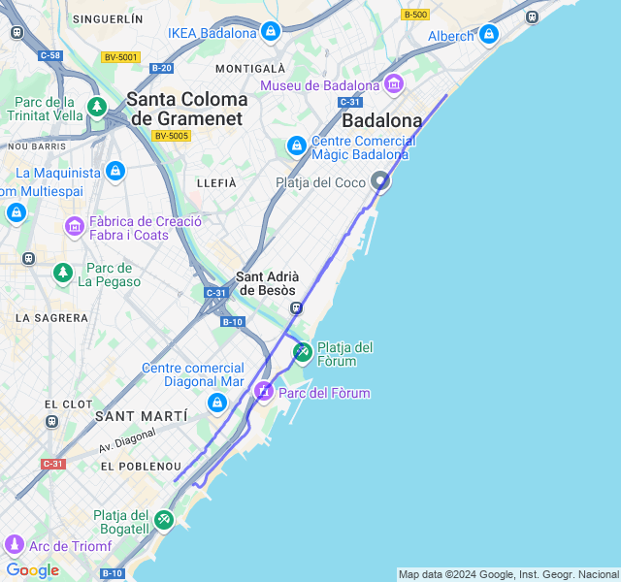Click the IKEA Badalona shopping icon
pyautogui.click(x=271, y=33)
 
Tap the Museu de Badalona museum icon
pyautogui.click(x=393, y=85)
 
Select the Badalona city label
pyautogui.click(x=382, y=121)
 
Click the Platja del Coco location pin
pyautogui.click(x=381, y=181)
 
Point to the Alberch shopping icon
pyautogui.click(x=488, y=36)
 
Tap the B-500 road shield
pyautogui.click(x=415, y=15)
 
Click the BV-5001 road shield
pyautogui.click(x=120, y=57)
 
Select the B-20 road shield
pyautogui.click(x=161, y=68)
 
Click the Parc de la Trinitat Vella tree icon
pyautogui.click(x=96, y=107)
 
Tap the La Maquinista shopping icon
pyautogui.click(x=115, y=173)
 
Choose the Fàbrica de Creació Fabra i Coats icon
pyautogui.click(x=75, y=227)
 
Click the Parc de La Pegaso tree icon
pyautogui.click(x=63, y=274)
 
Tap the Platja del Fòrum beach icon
pyautogui.click(x=302, y=352)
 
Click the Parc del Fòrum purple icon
pyautogui.click(x=263, y=392)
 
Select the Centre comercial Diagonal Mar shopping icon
pyautogui.click(x=216, y=403)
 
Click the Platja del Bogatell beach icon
pyautogui.click(x=164, y=521)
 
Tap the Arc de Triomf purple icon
pyautogui.click(x=14, y=545)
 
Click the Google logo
pyautogui.click(x=32, y=570)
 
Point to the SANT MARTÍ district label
pyautogui.click(x=141, y=416)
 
